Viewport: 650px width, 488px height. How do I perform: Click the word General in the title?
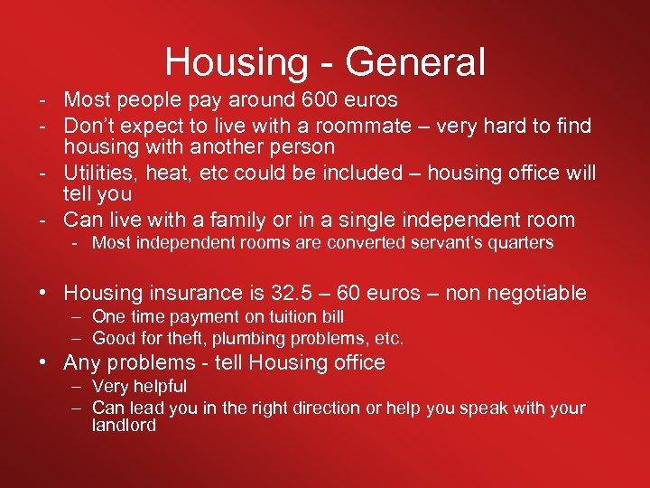[x=415, y=61]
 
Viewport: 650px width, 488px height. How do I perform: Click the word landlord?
[x=124, y=426]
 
